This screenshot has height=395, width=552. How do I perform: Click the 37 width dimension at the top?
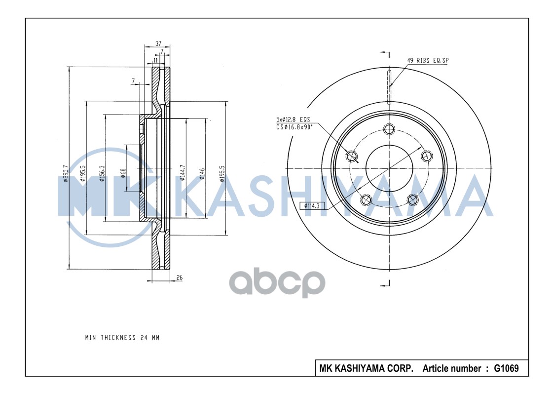coord(158,43)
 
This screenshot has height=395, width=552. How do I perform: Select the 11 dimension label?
coord(155,60)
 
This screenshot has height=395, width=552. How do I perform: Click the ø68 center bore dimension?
coord(123,173)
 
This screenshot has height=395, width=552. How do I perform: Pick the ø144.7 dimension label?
coord(183,173)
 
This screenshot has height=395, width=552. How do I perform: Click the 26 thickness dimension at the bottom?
coord(179,278)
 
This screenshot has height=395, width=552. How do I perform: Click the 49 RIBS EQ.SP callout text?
coord(427,60)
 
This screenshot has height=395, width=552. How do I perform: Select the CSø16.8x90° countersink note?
coord(295,127)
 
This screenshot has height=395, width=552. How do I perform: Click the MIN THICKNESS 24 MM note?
coord(122,338)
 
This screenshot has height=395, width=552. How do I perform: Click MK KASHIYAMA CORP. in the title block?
coord(367,368)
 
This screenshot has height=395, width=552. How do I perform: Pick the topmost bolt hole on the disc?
coord(389,129)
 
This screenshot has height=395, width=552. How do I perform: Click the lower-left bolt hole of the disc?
coord(366,200)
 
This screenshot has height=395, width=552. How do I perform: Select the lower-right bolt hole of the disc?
coord(412,200)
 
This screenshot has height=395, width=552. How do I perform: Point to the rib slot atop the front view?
coord(389,87)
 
